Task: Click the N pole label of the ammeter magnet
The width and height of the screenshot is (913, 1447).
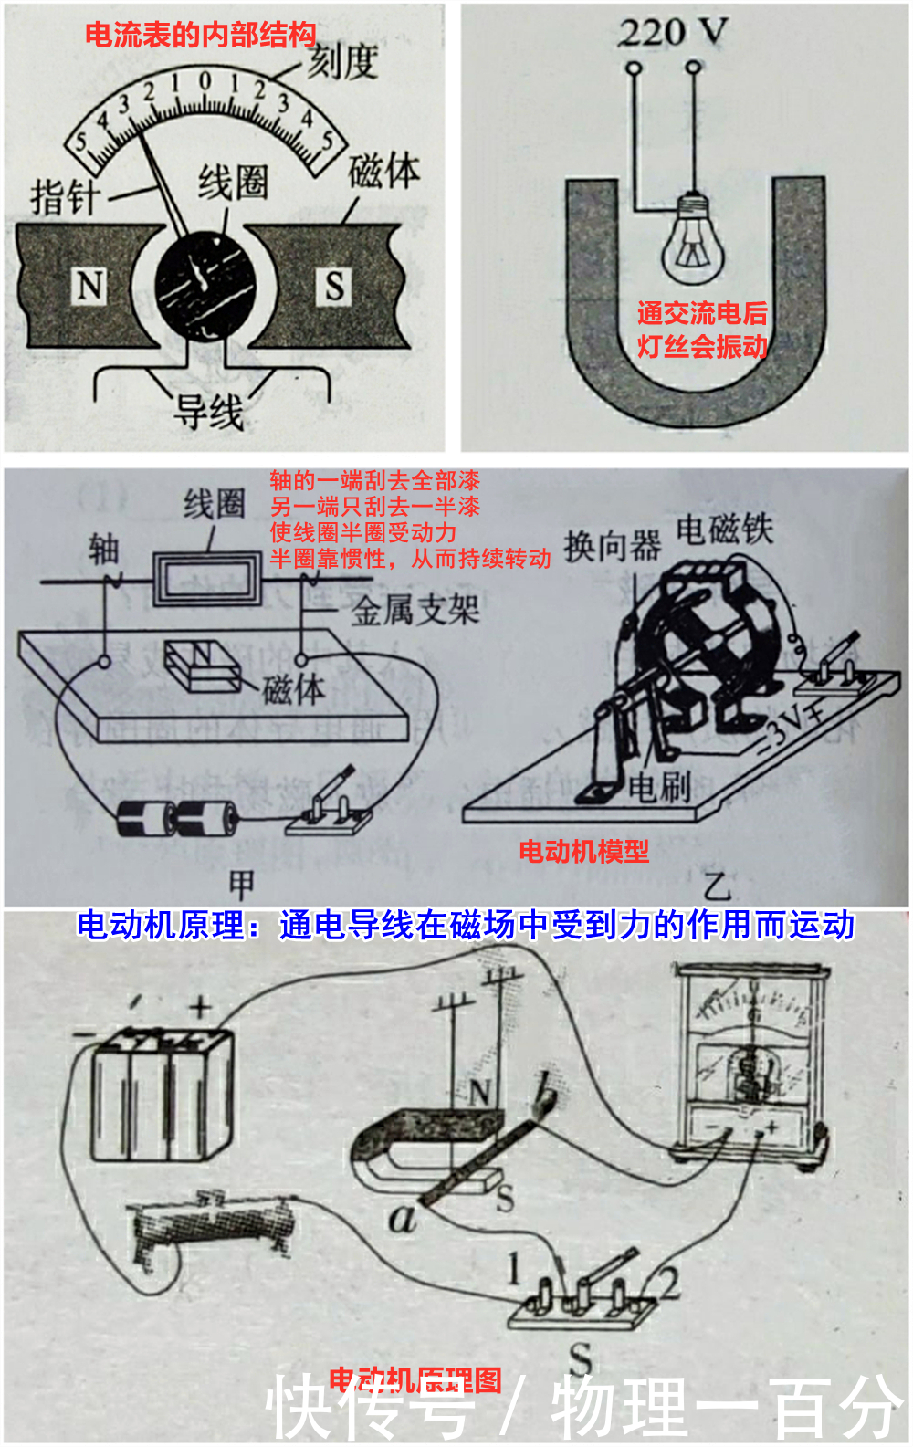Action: (x=89, y=286)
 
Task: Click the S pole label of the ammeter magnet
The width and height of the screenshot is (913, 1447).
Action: (x=334, y=286)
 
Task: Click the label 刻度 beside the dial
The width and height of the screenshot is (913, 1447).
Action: (x=342, y=62)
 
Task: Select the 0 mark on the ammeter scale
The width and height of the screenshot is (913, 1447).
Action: (x=205, y=81)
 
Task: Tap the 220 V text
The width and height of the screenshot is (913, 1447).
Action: (x=673, y=33)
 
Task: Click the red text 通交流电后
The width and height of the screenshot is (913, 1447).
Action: (x=702, y=313)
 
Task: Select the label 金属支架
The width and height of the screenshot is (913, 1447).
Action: (x=415, y=610)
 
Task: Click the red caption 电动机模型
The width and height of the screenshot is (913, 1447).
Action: (x=583, y=851)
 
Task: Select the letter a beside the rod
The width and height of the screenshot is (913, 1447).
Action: (x=402, y=1217)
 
